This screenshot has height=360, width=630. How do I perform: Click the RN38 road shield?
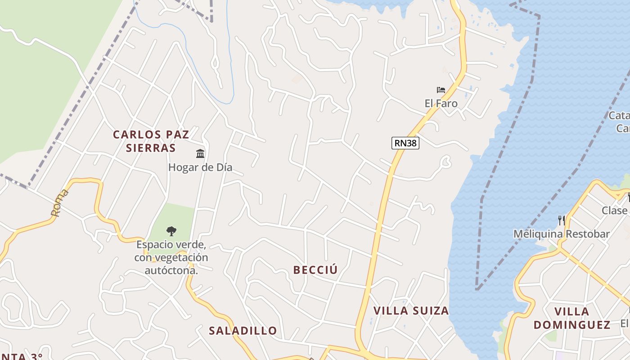[405, 143]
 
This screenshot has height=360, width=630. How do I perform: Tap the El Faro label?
[441, 103]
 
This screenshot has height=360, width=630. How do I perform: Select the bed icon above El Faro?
[441, 90]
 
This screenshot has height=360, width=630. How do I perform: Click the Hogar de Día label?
[200, 167]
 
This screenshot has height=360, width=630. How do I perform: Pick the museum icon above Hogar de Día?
[200, 154]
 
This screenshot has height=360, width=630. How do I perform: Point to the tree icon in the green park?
[171, 231]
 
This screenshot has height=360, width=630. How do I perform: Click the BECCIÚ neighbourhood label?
[315, 270]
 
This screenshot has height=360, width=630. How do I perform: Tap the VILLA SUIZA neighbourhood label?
[411, 310]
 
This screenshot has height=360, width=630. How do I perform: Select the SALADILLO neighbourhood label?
[243, 331]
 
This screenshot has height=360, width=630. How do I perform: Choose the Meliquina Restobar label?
[562, 234]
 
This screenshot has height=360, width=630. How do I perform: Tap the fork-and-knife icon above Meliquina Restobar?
[562, 220]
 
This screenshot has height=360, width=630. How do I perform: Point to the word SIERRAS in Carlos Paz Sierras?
[151, 148]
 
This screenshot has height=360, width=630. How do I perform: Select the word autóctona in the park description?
[171, 271]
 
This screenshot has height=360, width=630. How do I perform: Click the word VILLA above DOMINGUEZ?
[572, 311]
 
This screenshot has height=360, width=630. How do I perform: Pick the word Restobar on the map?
[588, 234]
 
